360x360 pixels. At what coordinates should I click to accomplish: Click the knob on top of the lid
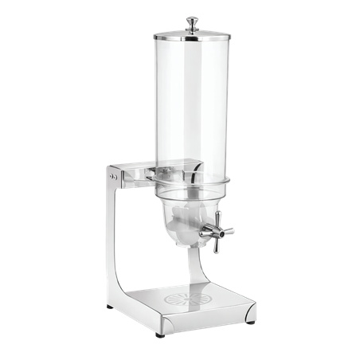pyautogui.click(x=194, y=22)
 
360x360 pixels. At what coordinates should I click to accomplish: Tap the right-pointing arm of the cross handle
pyautogui.click(x=229, y=232)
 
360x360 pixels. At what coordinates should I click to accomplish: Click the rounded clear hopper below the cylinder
pyautogui.click(x=190, y=219)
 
